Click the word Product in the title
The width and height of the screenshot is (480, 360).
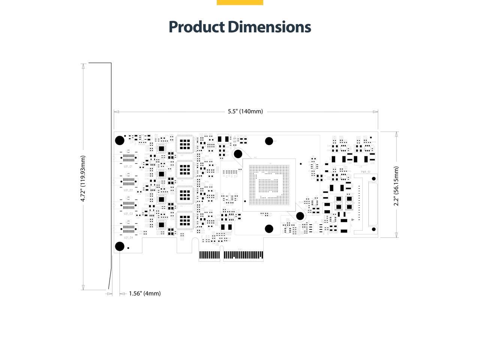(196, 27)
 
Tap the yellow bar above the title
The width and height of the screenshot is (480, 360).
(240, 2)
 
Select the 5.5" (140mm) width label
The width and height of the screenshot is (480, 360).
(245, 111)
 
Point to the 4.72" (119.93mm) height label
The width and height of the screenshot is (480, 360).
(83, 178)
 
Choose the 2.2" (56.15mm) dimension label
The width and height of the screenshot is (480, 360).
(396, 186)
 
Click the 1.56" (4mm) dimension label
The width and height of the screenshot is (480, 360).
(145, 293)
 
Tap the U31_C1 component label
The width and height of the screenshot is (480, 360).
(128, 166)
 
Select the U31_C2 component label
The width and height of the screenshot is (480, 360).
(128, 190)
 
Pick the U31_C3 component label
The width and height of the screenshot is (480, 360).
(128, 214)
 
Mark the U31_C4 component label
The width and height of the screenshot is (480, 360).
(128, 238)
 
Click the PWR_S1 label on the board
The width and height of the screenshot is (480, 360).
(366, 172)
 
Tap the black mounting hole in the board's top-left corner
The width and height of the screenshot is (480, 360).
(119, 141)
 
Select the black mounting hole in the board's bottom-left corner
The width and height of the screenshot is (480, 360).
(120, 246)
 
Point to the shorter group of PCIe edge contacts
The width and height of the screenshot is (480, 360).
(209, 255)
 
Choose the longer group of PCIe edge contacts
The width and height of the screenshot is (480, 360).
(243, 255)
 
